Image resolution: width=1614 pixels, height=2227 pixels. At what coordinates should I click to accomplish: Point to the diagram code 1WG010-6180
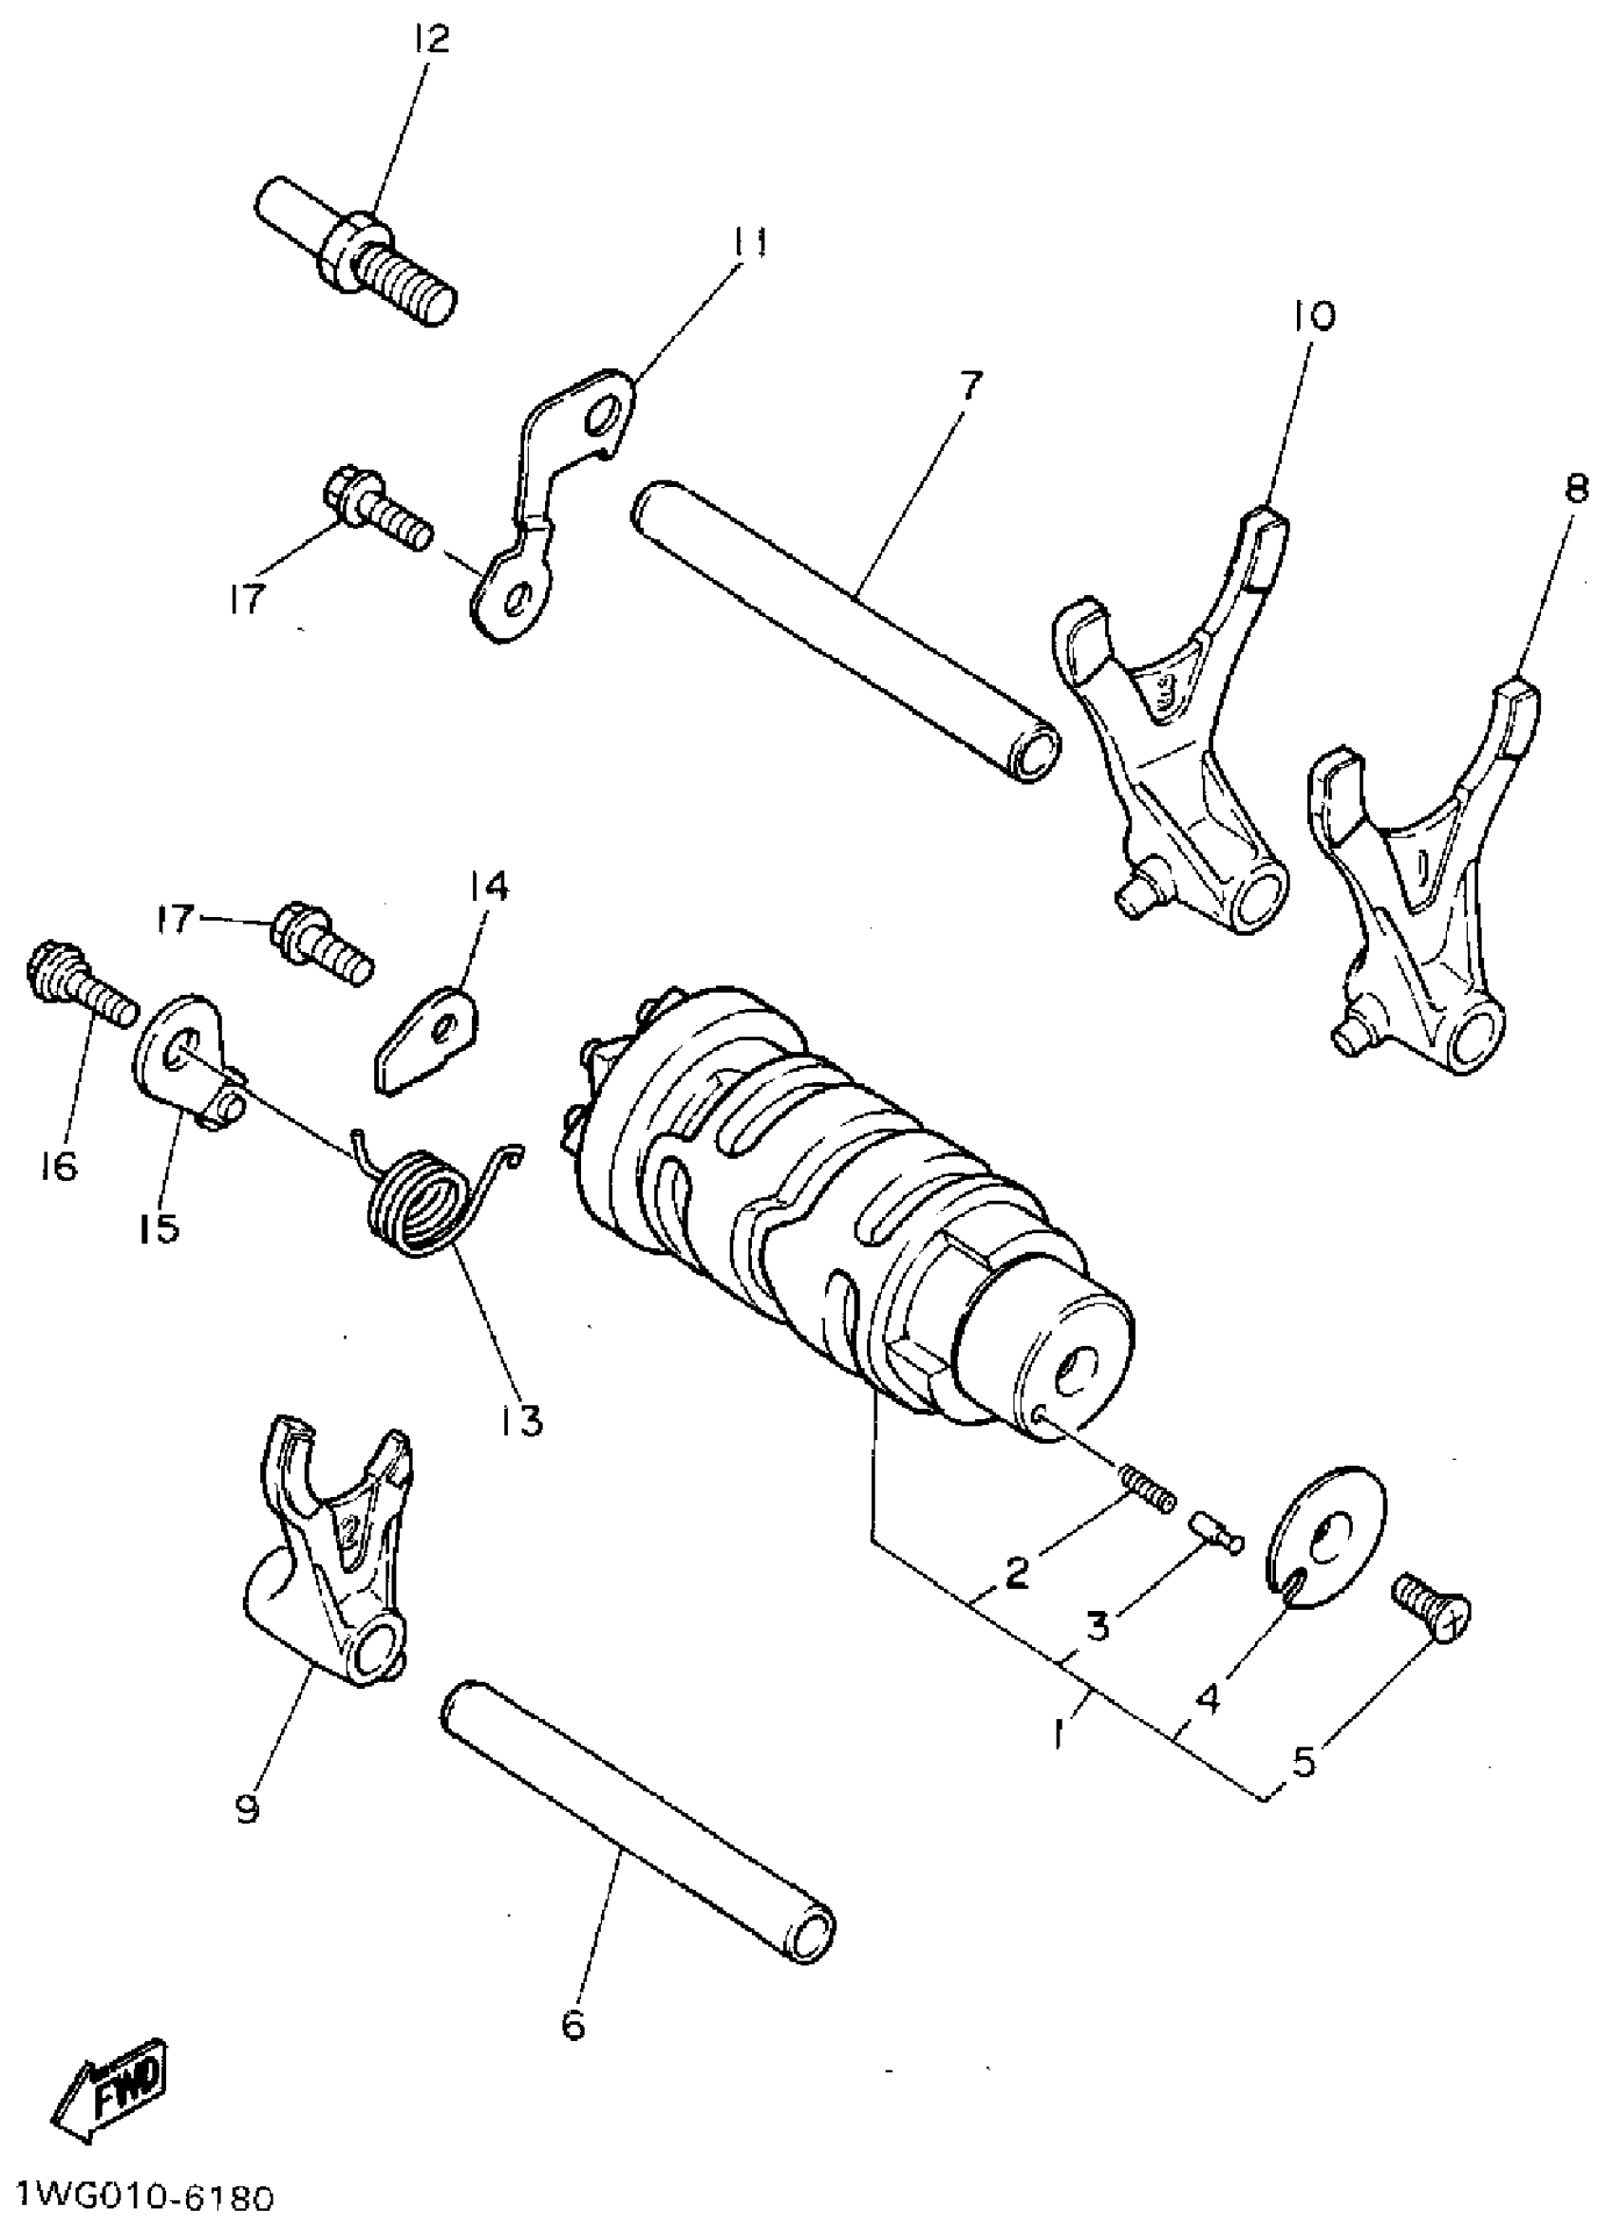pyautogui.click(x=138, y=2198)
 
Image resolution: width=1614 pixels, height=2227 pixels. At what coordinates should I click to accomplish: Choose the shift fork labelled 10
pyautogui.click(x=1179, y=746)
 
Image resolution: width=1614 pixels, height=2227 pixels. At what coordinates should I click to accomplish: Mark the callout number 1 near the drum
pyautogui.click(x=1058, y=1736)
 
